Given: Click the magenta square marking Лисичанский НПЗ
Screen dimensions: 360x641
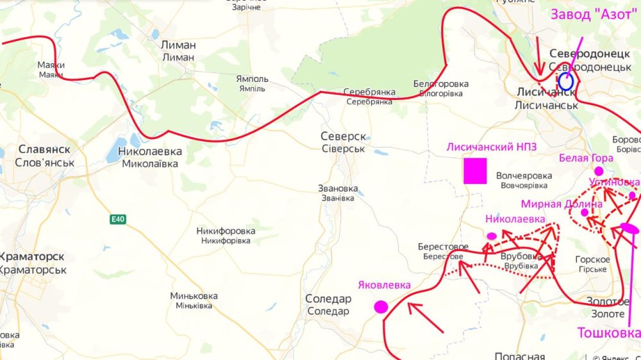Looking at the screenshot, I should pyautogui.click(x=475, y=172).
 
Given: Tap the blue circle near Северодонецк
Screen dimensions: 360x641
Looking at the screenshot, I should pyautogui.click(x=565, y=81).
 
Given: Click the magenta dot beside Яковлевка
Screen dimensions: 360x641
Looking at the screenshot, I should pyautogui.click(x=381, y=307).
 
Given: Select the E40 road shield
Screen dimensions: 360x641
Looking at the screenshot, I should pyautogui.click(x=117, y=220).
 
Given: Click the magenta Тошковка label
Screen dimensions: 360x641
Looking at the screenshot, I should pyautogui.click(x=608, y=333).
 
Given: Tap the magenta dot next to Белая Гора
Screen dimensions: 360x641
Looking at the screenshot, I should pyautogui.click(x=599, y=171).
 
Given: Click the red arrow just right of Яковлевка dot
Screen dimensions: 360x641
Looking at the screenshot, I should pyautogui.click(x=425, y=317).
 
